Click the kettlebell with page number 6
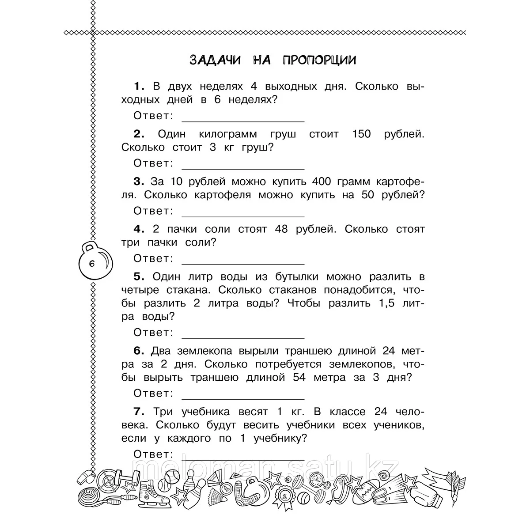click(93, 263)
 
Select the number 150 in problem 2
click(362, 134)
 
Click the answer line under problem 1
click(243, 120)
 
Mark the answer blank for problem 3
click(243, 216)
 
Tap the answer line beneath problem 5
click(243, 337)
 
